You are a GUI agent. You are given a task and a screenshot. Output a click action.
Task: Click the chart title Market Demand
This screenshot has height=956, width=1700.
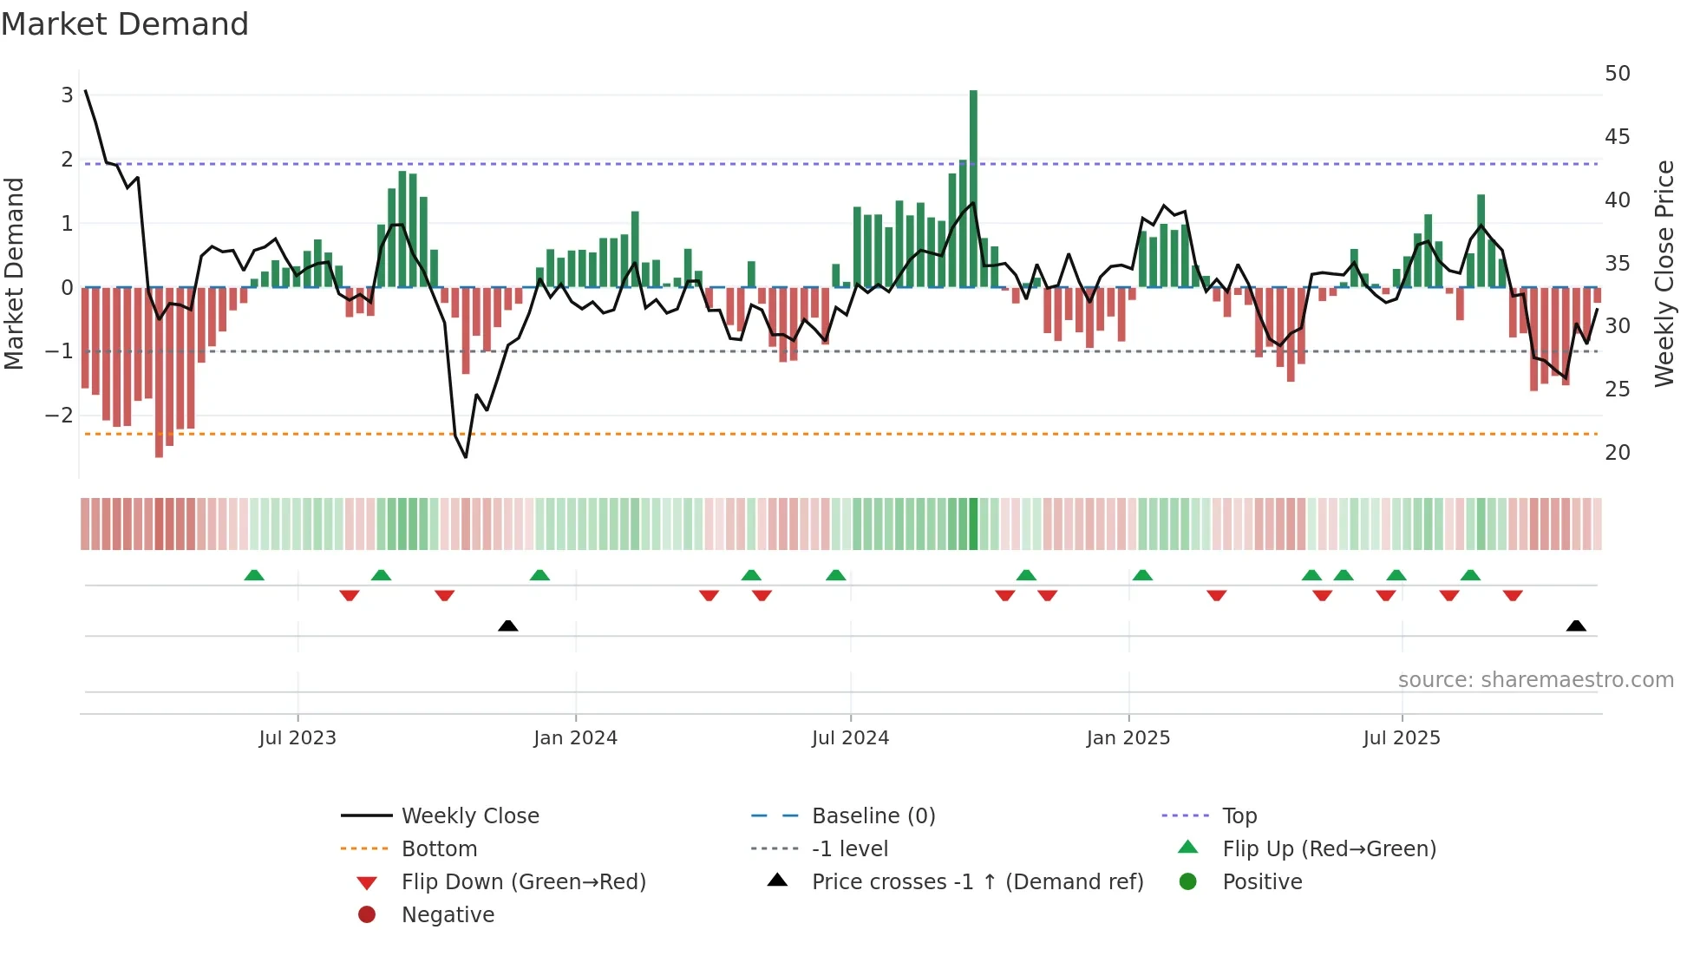point(125,24)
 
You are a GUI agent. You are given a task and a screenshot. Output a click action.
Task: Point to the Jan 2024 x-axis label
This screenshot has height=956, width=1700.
point(575,738)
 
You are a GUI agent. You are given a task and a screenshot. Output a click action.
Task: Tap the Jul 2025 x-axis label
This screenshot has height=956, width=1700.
point(1401,738)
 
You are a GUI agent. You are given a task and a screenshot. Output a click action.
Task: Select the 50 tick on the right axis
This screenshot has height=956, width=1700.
point(1617,74)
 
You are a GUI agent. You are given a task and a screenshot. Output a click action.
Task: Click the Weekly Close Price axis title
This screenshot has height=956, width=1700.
point(1664,273)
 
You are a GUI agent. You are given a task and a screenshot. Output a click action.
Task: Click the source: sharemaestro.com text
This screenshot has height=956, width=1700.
point(1535,680)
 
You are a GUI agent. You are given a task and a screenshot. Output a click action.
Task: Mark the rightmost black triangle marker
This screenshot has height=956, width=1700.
point(1576,626)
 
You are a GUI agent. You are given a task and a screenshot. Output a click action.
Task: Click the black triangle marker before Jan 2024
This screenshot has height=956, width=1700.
point(508,626)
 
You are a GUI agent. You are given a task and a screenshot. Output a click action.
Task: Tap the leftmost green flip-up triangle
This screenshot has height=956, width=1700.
point(254,575)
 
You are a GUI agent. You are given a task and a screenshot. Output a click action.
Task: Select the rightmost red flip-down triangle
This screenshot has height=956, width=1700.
point(1513,595)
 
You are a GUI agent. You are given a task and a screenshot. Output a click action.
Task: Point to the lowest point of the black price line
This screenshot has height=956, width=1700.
point(466,456)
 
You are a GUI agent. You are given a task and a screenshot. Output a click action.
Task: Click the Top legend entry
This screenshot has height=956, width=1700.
point(1239,816)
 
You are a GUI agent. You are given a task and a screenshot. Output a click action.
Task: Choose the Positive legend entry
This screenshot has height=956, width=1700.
point(1261,882)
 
